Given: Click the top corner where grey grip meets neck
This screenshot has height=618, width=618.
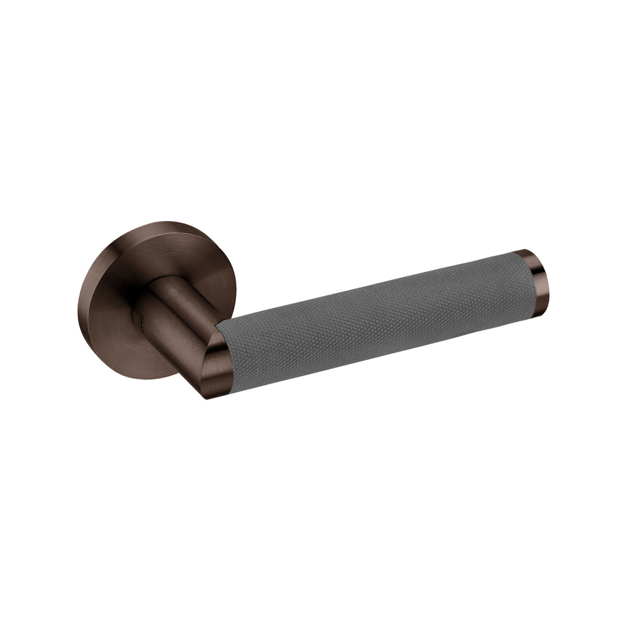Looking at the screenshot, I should [x=220, y=320].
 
